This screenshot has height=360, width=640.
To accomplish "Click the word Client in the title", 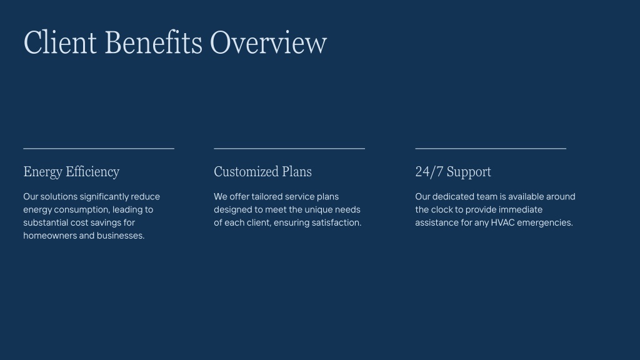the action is click(x=60, y=42).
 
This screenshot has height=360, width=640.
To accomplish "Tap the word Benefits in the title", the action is click(x=154, y=42).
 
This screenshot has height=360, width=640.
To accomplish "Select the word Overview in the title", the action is click(x=268, y=42).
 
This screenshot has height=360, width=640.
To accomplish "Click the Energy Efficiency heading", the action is click(x=71, y=172).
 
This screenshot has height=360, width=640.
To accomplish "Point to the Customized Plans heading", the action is click(x=263, y=171).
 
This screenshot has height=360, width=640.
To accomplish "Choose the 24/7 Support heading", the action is click(x=453, y=172).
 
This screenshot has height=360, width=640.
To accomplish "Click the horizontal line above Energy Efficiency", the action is click(x=99, y=149).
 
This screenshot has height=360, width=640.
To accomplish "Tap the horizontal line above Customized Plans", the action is click(x=289, y=149).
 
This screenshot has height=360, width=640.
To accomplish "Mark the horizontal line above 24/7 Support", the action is click(x=491, y=149).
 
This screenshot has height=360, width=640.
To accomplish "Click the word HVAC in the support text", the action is click(x=502, y=222).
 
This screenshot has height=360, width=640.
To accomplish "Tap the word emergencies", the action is click(x=545, y=223).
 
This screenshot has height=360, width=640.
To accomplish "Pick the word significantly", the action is click(x=104, y=197).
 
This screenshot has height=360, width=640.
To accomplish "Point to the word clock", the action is click(x=442, y=209).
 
